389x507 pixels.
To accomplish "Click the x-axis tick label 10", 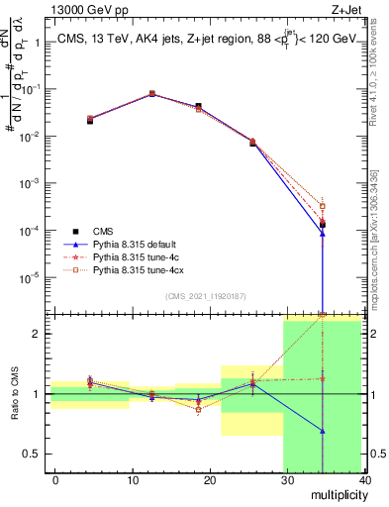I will point(133,479).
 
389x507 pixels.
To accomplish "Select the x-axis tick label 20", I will point(210,479).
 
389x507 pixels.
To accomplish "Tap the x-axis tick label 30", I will point(287,479).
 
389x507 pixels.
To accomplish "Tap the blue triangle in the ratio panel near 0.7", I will point(323,431).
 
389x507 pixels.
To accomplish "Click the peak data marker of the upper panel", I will point(151,94).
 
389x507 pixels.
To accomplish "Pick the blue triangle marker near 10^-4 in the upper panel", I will point(323,234).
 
